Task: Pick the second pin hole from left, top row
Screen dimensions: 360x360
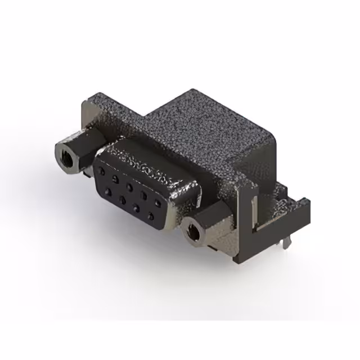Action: click(x=115, y=178)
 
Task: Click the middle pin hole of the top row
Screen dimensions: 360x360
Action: click(x=129, y=186)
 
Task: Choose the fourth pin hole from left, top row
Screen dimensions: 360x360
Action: click(x=145, y=195)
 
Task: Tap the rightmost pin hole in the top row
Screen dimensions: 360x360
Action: click(x=160, y=204)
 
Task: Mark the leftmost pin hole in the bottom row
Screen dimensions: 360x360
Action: click(x=107, y=191)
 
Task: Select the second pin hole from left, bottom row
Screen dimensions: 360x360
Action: click(x=121, y=199)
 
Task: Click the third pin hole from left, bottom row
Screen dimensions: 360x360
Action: click(x=136, y=208)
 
